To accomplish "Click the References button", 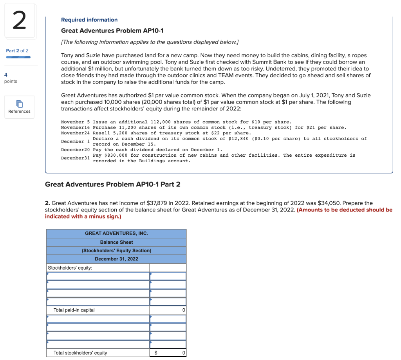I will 19,107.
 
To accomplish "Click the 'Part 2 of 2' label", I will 17,51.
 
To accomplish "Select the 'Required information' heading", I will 89,20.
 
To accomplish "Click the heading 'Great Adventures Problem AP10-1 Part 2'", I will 113,184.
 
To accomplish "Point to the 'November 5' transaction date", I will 76,122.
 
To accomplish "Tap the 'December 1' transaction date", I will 75,141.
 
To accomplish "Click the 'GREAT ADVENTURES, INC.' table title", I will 116,233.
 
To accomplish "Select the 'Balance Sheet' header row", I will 116,242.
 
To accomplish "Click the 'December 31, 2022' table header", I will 116,259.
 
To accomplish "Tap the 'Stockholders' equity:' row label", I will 70,268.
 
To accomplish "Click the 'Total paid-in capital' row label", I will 74,310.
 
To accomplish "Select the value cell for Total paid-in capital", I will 168,310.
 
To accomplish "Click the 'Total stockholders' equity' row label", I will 80,353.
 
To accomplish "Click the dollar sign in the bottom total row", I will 155,353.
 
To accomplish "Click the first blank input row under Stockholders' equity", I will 98,277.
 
